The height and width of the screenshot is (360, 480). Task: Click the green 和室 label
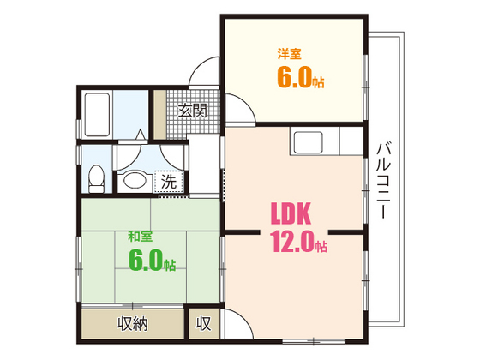pos(141,236)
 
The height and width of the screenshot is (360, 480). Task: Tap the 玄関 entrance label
pos(192,111)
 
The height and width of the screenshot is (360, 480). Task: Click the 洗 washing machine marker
pos(170,182)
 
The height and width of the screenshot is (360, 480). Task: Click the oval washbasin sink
pos(133,180)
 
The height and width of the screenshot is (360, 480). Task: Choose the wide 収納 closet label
pos(132,324)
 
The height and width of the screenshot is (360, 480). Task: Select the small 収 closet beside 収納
pos(203,324)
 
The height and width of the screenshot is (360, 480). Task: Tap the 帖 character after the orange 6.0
pos(318,83)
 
